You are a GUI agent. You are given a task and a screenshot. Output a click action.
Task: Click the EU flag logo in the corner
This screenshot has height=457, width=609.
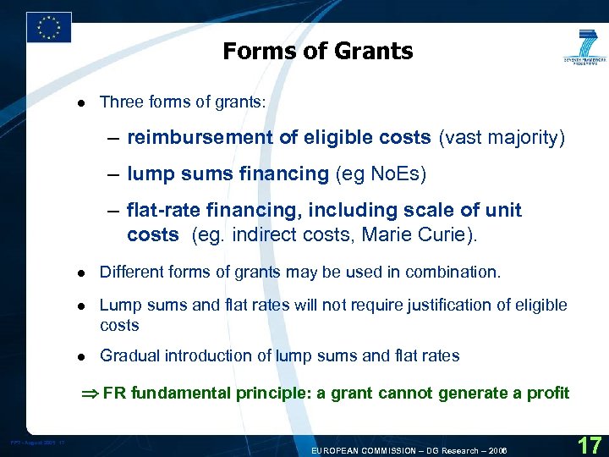point(49,27)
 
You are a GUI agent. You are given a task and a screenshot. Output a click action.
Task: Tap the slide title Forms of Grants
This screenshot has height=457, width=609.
point(318,52)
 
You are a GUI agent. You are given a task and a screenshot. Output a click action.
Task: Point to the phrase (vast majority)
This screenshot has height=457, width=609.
point(502,138)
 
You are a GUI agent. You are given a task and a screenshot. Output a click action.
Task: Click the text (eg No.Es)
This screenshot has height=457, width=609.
point(381,174)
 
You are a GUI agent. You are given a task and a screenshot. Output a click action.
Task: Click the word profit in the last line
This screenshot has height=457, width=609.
point(546,393)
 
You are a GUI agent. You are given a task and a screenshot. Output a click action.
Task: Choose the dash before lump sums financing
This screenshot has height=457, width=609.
point(113,174)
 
